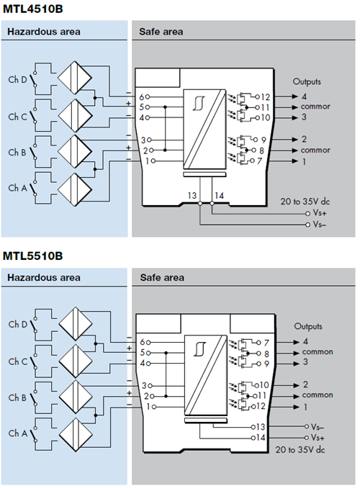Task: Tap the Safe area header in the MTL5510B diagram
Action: (162, 278)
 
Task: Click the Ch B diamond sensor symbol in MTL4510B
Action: (74, 151)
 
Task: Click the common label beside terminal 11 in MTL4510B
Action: (315, 107)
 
